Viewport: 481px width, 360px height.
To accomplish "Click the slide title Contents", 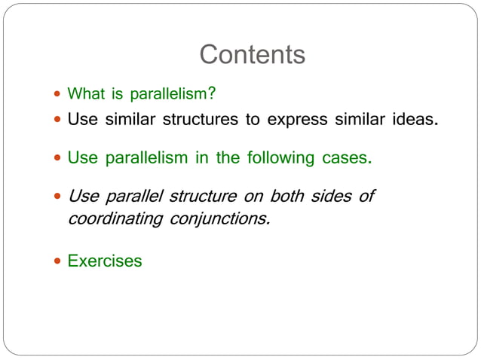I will pyautogui.click(x=253, y=55).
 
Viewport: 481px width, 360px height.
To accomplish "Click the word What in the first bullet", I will pyautogui.click(x=84, y=94).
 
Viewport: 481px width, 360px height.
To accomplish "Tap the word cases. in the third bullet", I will pyautogui.click(x=348, y=158).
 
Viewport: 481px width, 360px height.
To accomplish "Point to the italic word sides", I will pyautogui.click(x=332, y=197).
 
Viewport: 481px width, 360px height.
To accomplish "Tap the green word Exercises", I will pyautogui.click(x=105, y=261).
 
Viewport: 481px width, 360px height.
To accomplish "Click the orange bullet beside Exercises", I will pyautogui.click(x=58, y=261).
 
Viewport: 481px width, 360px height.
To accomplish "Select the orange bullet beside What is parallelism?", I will pyautogui.click(x=58, y=95).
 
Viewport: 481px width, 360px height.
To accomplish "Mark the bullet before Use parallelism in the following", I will pyautogui.click(x=58, y=159).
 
